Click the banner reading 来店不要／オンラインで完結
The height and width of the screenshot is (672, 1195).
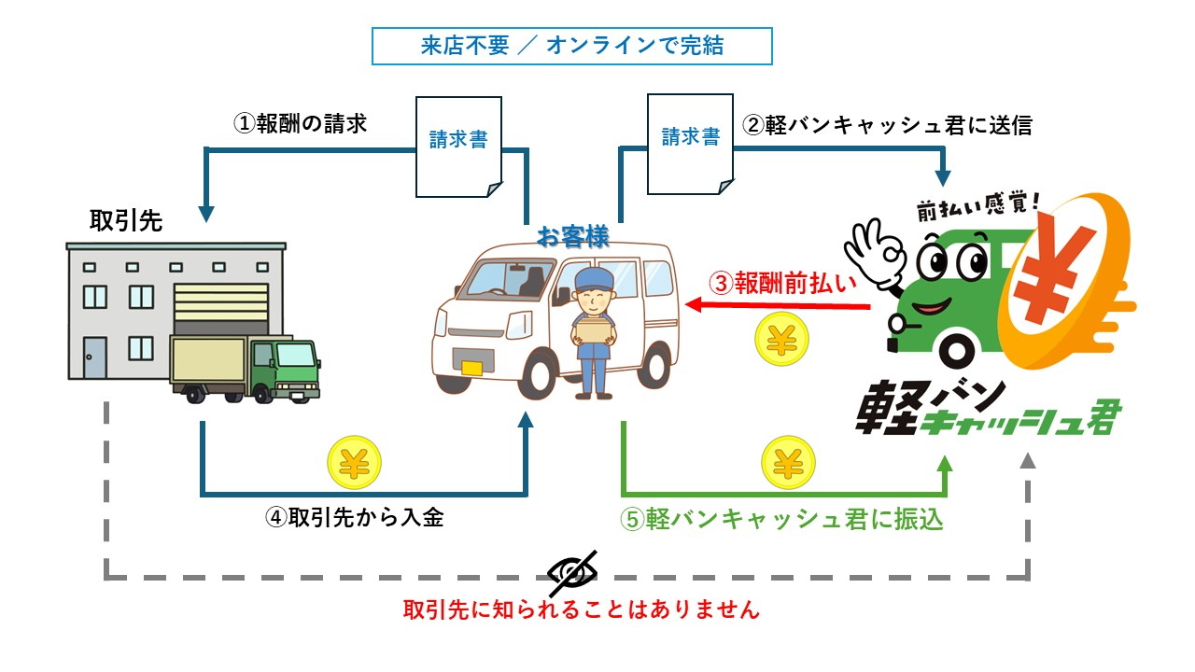click(x=571, y=47)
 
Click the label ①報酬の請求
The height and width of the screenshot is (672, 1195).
click(x=301, y=124)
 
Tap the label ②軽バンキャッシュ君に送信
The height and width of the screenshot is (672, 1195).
click(x=887, y=125)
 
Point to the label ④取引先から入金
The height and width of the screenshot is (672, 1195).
click(x=354, y=518)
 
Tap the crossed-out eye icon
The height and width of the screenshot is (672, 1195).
click(x=571, y=572)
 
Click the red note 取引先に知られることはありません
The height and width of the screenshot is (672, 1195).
click(x=582, y=610)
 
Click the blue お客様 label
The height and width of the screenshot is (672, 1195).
click(x=572, y=237)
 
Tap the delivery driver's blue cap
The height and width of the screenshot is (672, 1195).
click(x=592, y=278)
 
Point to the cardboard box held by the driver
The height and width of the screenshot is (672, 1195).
click(x=594, y=329)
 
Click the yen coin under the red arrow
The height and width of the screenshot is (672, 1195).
click(x=780, y=340)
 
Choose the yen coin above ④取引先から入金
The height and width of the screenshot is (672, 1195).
click(x=354, y=463)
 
